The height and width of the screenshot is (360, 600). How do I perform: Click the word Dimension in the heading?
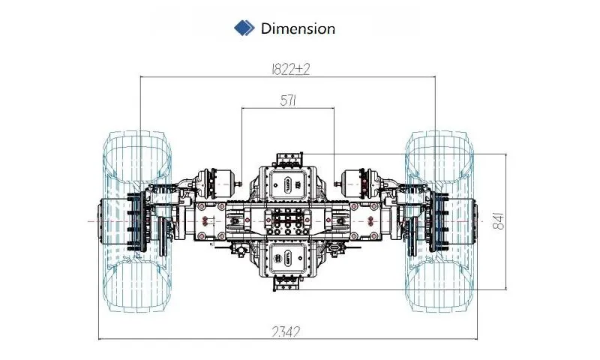(298, 28)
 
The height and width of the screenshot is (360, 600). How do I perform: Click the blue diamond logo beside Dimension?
(244, 28)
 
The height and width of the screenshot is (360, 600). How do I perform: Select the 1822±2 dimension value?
(290, 69)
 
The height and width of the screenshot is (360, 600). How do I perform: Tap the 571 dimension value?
(289, 100)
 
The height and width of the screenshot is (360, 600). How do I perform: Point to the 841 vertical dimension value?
(498, 221)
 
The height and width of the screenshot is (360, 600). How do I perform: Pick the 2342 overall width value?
(286, 331)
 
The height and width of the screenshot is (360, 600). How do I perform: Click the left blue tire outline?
(136, 221)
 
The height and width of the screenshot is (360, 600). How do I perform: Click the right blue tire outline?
(439, 221)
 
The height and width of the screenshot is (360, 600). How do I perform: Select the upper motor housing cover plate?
(288, 184)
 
